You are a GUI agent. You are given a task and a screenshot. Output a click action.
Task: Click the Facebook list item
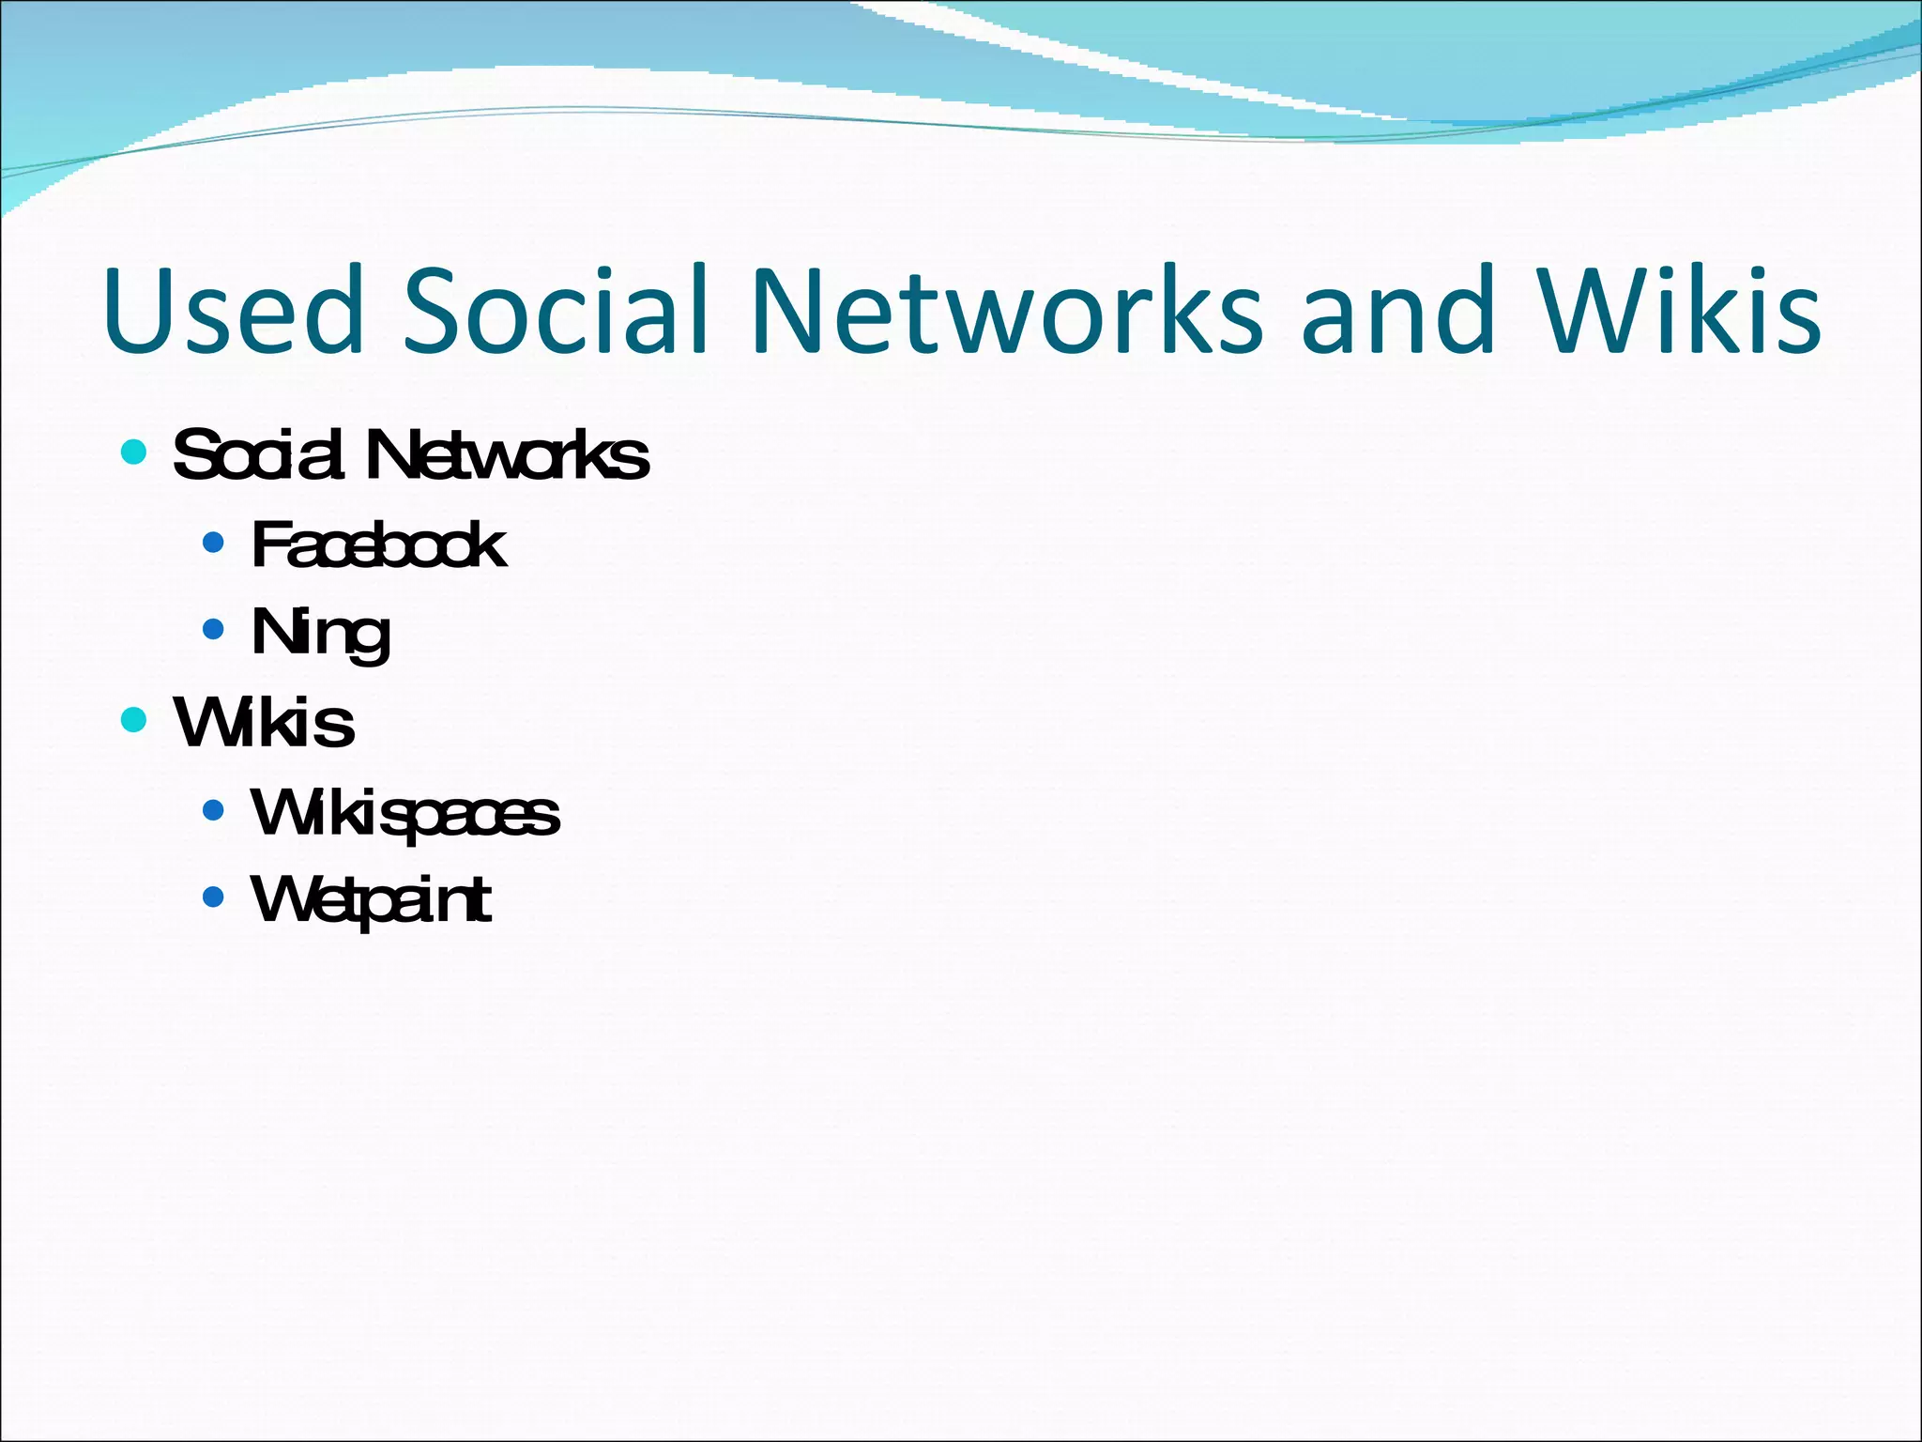point(378,545)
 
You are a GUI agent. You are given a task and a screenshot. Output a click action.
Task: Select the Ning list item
point(320,634)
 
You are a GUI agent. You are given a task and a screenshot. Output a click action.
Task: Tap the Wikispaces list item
point(404,813)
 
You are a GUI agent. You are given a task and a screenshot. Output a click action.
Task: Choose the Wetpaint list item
point(371,900)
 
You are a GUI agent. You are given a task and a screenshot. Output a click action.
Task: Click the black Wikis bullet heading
point(264,723)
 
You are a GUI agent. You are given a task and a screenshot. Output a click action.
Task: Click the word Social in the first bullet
point(257,455)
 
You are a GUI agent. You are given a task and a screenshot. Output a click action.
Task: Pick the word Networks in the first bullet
point(507,455)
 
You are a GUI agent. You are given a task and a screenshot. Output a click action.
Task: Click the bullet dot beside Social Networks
point(134,453)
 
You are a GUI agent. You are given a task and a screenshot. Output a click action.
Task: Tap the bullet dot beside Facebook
point(214,542)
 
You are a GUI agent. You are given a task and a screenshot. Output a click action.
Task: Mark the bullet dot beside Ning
point(214,629)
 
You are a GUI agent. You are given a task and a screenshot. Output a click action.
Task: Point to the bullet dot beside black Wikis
point(134,720)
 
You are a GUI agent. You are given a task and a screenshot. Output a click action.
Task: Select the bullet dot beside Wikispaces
point(214,809)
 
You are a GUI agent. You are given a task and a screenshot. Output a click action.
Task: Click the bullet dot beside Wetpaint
point(214,897)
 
